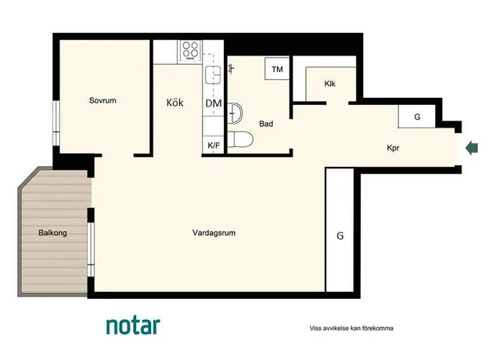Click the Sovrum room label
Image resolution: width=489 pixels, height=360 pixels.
pos(102,100)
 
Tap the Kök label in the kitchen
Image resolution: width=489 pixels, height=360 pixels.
pos(175,103)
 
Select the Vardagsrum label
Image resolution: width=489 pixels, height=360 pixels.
pos(214,232)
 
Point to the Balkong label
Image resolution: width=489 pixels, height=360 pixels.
pos(52,232)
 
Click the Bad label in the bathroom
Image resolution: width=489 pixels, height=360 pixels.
pos(266,124)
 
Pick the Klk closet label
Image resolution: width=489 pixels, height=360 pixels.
pos(329,84)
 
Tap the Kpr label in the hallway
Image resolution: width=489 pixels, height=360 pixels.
pos(393,148)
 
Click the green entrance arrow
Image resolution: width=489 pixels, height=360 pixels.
pos(472,148)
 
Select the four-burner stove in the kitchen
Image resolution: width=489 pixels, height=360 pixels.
pos(190,50)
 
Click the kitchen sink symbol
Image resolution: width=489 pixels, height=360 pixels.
pos(213,75)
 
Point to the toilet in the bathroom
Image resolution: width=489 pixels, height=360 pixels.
pos(240,139)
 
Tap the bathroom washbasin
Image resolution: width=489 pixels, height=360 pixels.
pos(235,113)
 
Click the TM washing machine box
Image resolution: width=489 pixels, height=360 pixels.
pos(277,69)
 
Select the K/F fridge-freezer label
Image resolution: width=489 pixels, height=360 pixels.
pos(214,146)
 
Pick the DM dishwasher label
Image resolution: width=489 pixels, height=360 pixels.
pos(214,103)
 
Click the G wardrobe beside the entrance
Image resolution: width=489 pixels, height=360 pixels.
pos(417,117)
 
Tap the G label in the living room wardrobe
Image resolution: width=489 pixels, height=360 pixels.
pos(340,236)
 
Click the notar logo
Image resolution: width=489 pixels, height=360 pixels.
pos(133,326)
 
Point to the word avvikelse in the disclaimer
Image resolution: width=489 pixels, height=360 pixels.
pos(336,328)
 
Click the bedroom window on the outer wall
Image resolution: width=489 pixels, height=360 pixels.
pos(56,123)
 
